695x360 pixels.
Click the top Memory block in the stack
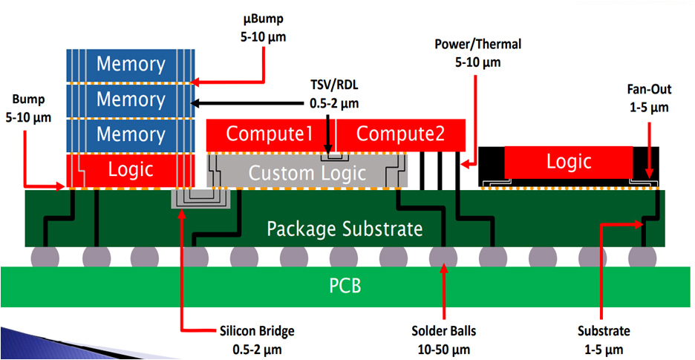pos(131,63)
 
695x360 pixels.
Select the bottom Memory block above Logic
pos(131,134)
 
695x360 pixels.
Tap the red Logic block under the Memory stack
pos(131,170)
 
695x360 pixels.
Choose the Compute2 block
pos(400,134)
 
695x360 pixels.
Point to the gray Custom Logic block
pos(307,173)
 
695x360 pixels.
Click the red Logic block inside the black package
pos(569,161)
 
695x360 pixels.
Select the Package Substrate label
pos(345,228)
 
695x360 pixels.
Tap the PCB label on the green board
pos(345,285)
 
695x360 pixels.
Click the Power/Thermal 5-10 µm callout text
pos(477,53)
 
